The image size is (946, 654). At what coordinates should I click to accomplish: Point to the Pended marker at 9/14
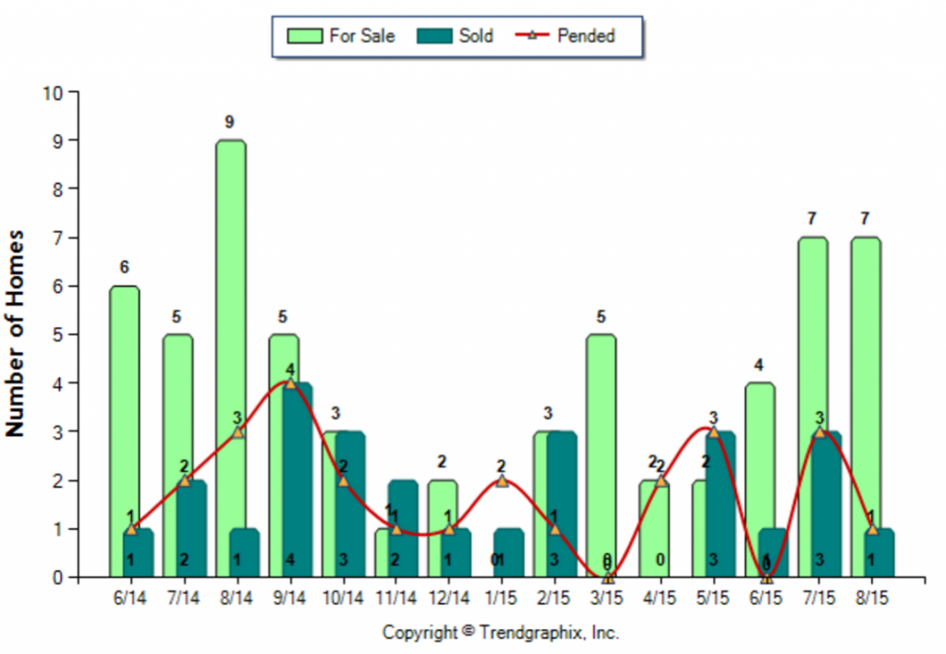(x=290, y=383)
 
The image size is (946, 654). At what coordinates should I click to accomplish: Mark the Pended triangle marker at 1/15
(x=502, y=481)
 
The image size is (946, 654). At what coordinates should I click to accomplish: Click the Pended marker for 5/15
(x=713, y=432)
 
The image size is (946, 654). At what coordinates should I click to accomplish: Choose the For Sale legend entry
(x=342, y=36)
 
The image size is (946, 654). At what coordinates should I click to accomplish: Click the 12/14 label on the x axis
(x=448, y=599)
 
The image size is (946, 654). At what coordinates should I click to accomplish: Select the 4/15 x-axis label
(x=660, y=599)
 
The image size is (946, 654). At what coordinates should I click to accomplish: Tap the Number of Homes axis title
(x=16, y=333)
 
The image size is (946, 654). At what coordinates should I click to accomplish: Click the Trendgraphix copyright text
(x=501, y=633)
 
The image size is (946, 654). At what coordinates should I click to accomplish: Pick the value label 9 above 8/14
(x=230, y=122)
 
